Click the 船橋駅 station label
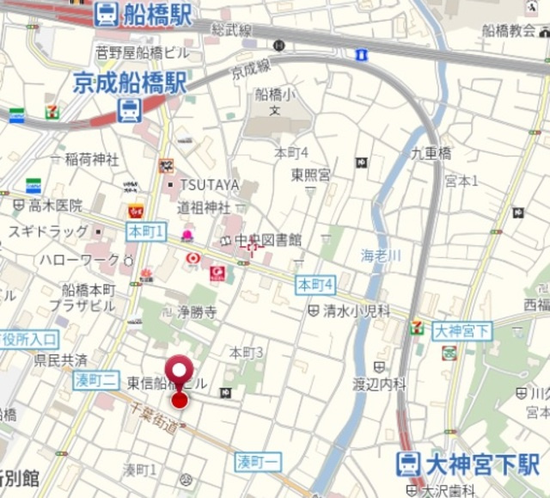pyautogui.click(x=157, y=14)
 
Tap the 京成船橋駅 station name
pyautogui.click(x=130, y=83)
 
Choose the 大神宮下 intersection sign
pyautogui.click(x=461, y=330)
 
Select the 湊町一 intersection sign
pyautogui.click(x=258, y=462)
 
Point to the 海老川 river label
pyautogui.click(x=381, y=255)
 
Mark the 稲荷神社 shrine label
pyautogui.click(x=92, y=159)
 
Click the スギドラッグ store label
pyautogui.click(x=48, y=231)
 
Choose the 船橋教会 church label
pyautogui.click(x=509, y=30)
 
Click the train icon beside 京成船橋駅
pyautogui.click(x=129, y=110)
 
